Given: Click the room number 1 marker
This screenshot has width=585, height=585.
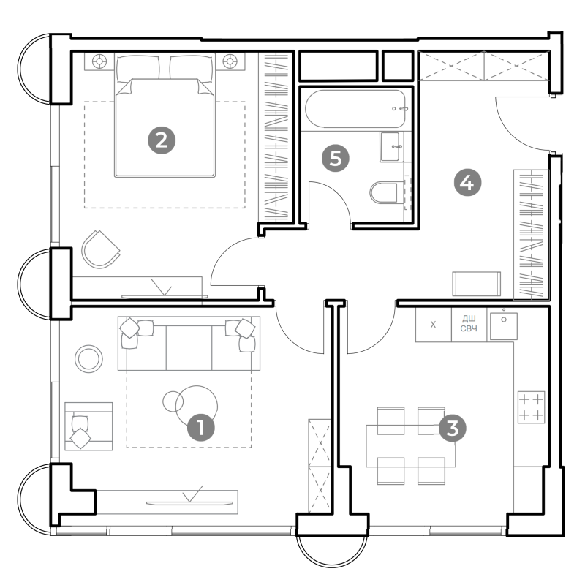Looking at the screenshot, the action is pyautogui.click(x=200, y=427).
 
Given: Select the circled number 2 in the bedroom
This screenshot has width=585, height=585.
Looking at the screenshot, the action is pyautogui.click(x=162, y=140).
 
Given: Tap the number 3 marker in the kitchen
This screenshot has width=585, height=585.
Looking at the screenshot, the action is pyautogui.click(x=452, y=429).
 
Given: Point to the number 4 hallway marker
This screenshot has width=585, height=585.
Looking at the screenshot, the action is pyautogui.click(x=467, y=183).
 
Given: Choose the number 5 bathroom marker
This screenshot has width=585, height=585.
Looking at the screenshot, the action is pyautogui.click(x=336, y=158).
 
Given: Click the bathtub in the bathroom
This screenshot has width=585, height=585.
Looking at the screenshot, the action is pyautogui.click(x=355, y=109).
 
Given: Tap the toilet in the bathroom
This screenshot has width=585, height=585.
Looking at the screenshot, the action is pyautogui.click(x=385, y=192).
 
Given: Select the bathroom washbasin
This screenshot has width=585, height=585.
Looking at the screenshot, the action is pyautogui.click(x=390, y=147).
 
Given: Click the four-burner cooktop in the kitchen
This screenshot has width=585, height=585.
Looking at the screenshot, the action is pyautogui.click(x=532, y=407).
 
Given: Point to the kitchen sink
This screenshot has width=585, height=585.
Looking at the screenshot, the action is pyautogui.click(x=504, y=326).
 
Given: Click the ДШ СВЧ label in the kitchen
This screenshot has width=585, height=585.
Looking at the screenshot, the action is pyautogui.click(x=469, y=323).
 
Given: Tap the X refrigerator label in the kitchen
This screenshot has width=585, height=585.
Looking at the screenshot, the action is pyautogui.click(x=433, y=325).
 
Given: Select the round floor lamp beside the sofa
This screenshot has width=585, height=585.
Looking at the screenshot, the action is pyautogui.click(x=88, y=359).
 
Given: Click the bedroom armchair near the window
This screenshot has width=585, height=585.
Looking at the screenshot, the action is pyautogui.click(x=100, y=249).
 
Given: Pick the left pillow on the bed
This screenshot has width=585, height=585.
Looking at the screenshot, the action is pyautogui.click(x=137, y=68).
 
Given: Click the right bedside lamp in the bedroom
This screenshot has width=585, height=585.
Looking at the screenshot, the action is pyautogui.click(x=230, y=61).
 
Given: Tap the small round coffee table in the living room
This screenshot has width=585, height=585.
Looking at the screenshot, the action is pyautogui.click(x=173, y=401).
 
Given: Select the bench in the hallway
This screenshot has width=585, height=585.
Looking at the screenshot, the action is pyautogui.click(x=477, y=284).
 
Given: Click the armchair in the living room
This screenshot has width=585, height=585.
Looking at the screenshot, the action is pyautogui.click(x=88, y=426).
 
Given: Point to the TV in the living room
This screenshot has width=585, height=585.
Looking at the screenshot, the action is pyautogui.click(x=187, y=503).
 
